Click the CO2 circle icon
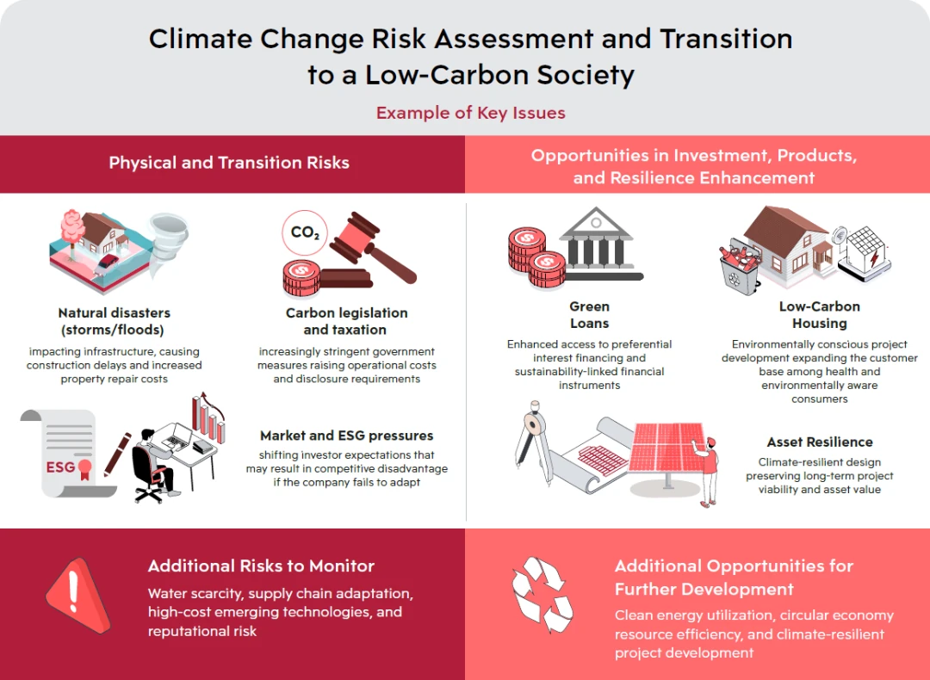pyautogui.click(x=305, y=232)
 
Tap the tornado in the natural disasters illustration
pyautogui.click(x=169, y=242)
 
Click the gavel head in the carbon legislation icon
pyautogui.click(x=356, y=238)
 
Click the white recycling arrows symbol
pyautogui.click(x=542, y=594)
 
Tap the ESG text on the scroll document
pyautogui.click(x=60, y=467)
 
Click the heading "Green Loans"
pyautogui.click(x=590, y=315)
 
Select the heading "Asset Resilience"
pyautogui.click(x=820, y=442)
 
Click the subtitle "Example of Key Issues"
pyautogui.click(x=471, y=113)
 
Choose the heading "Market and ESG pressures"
pyautogui.click(x=347, y=436)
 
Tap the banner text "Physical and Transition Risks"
pyautogui.click(x=229, y=163)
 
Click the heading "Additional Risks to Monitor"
pyautogui.click(x=261, y=566)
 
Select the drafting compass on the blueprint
pyautogui.click(x=532, y=442)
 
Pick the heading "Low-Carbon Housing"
pyautogui.click(x=820, y=315)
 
